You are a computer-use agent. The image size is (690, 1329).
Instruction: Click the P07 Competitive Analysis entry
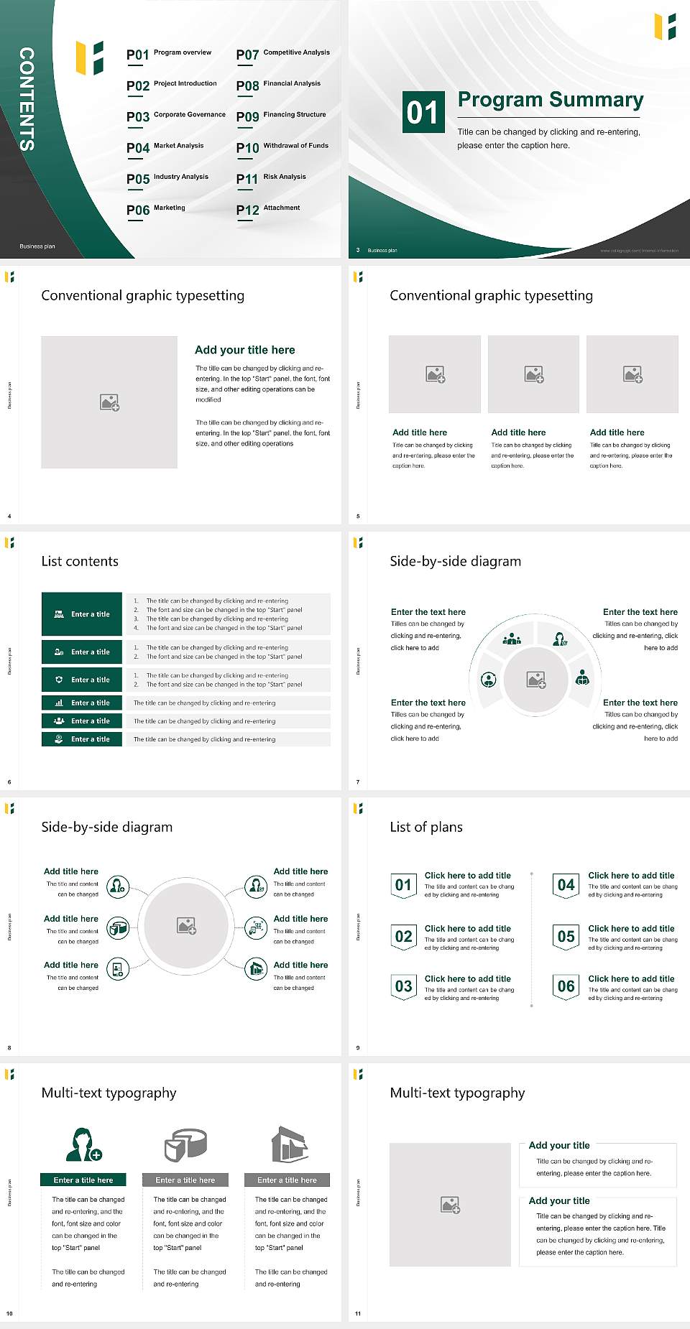(283, 54)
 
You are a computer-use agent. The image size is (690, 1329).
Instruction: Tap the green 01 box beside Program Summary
(422, 111)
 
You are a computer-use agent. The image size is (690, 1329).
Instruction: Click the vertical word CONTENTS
(27, 99)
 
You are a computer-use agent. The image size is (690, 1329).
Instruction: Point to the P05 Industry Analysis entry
(167, 178)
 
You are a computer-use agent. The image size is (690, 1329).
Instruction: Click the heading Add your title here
(244, 350)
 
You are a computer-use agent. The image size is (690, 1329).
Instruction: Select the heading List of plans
(425, 827)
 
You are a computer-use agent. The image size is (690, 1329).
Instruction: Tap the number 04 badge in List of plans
(566, 885)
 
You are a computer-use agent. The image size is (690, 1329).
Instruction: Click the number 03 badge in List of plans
(403, 986)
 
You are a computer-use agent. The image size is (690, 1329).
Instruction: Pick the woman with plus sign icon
(83, 1144)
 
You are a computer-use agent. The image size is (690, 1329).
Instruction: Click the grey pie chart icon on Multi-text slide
(185, 1144)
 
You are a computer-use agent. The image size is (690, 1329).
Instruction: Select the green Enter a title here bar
(83, 1180)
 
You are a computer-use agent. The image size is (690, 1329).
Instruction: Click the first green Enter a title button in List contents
(82, 614)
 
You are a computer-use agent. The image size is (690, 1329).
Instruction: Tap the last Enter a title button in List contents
(82, 739)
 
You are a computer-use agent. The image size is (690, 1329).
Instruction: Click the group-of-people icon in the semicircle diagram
(512, 638)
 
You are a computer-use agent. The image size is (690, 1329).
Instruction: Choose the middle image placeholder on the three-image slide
(533, 374)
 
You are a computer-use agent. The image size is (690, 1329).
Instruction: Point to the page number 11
(357, 1314)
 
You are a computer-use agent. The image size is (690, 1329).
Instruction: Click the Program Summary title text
(550, 100)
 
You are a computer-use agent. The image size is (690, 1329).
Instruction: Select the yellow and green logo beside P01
(90, 57)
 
